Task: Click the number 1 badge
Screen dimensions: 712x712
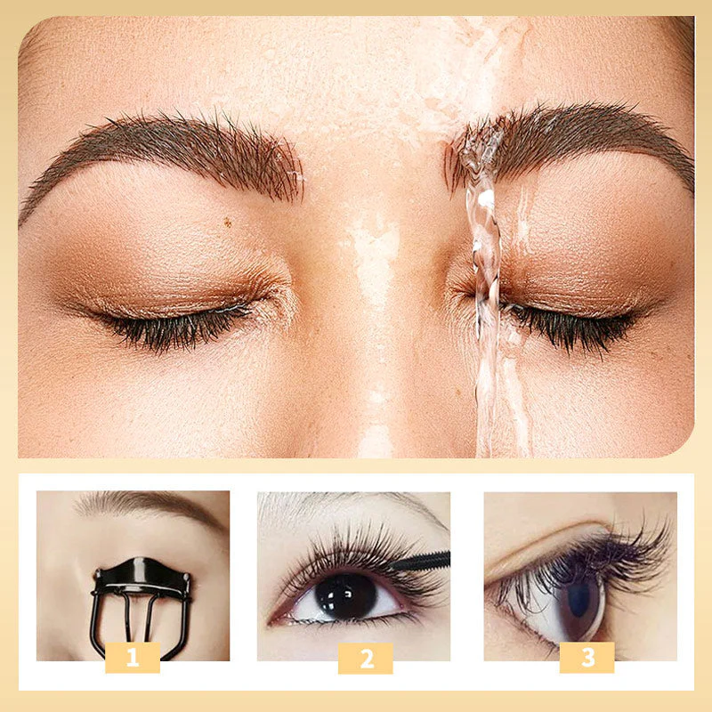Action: pyautogui.click(x=133, y=658)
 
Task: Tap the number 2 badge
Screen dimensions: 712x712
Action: pyautogui.click(x=365, y=658)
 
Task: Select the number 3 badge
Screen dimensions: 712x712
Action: pyautogui.click(x=587, y=658)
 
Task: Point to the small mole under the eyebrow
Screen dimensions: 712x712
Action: pyautogui.click(x=229, y=222)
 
